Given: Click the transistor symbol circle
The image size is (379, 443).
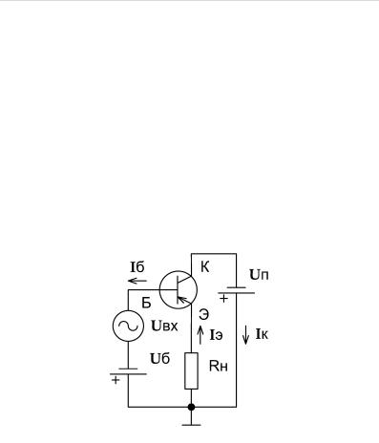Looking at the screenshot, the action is click(x=159, y=290).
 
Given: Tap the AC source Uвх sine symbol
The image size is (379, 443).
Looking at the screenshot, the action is click(x=128, y=326).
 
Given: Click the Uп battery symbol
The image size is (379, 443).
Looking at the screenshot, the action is click(x=236, y=290).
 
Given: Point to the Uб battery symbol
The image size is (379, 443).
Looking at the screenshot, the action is click(x=128, y=371).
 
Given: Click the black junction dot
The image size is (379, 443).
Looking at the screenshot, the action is click(x=191, y=407).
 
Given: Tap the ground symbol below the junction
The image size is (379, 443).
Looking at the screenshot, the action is click(x=191, y=425).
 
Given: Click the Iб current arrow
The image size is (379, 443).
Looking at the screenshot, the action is click(x=137, y=281).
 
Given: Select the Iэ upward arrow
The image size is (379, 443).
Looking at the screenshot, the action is click(x=200, y=335).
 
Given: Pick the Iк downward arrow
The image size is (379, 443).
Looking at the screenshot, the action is click(x=245, y=335).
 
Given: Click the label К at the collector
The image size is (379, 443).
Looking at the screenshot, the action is click(x=205, y=267).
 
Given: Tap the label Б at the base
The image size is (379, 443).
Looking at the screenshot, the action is click(x=146, y=304).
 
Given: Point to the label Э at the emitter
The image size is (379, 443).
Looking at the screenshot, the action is click(x=203, y=315).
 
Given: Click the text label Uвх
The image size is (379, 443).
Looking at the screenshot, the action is click(x=164, y=327).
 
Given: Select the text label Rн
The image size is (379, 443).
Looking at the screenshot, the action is click(x=219, y=367).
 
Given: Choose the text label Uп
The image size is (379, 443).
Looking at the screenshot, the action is click(x=259, y=275).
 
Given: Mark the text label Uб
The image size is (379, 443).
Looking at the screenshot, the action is click(x=160, y=359).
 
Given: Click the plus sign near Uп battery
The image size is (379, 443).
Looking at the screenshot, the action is click(x=224, y=299).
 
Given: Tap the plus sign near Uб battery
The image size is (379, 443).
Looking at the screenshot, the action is click(x=116, y=380).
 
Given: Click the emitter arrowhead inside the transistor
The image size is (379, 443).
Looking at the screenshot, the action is click(x=180, y=300).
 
